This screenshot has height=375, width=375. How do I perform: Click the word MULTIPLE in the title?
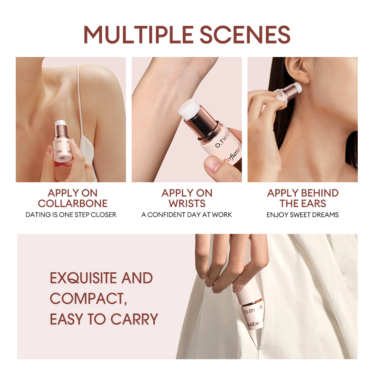[138, 34]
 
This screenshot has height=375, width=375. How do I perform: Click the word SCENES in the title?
[245, 34]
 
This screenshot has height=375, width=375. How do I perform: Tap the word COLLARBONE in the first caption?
[72, 204]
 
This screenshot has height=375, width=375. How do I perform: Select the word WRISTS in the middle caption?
[187, 204]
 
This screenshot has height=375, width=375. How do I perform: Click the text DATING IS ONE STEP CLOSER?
[71, 215]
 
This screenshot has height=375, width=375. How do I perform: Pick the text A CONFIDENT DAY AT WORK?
[187, 215]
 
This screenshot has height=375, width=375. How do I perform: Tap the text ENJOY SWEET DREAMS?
[303, 215]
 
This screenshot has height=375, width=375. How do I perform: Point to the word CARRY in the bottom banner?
[134, 319]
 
